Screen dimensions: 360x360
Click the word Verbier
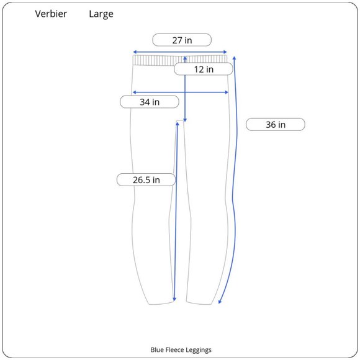click(x=51, y=14)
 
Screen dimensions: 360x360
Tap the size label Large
click(x=101, y=14)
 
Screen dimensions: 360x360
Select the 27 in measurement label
click(x=182, y=40)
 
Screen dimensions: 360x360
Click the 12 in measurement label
click(x=204, y=69)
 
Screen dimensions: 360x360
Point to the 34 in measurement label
click(x=150, y=102)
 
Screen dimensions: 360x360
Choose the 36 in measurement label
click(x=276, y=125)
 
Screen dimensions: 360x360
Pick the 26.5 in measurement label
click(x=146, y=180)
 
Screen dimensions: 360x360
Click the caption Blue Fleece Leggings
click(x=181, y=349)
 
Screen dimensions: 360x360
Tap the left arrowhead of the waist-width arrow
click(x=135, y=52)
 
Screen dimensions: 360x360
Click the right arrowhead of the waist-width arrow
click(x=225, y=52)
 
